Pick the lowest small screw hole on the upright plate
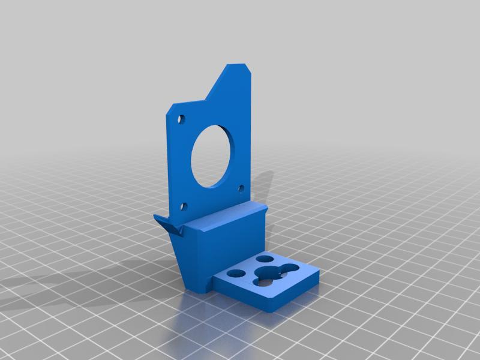185,208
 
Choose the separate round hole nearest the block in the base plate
237,274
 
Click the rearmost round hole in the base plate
265,259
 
